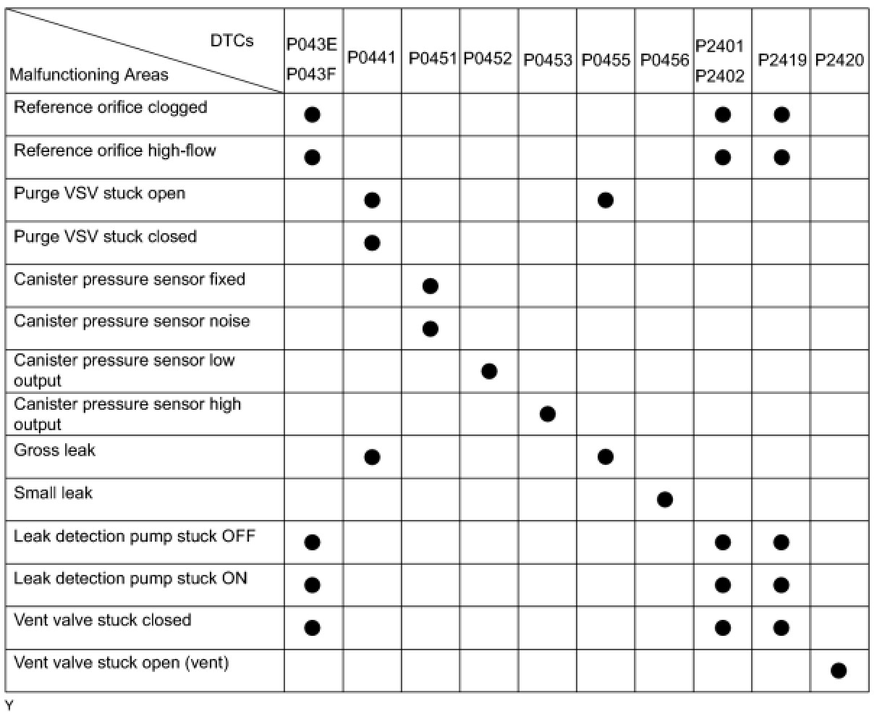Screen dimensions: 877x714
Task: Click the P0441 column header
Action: [x=372, y=58]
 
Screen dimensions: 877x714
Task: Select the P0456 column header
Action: [x=664, y=59]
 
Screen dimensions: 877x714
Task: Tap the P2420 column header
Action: [x=839, y=59]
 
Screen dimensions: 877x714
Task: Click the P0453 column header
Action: [x=548, y=59]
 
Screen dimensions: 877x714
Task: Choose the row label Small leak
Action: [x=54, y=493]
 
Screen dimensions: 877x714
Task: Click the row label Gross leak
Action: [x=55, y=450]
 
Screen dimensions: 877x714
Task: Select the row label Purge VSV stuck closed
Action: [x=106, y=237]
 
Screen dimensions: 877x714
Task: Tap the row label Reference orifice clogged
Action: [x=111, y=107]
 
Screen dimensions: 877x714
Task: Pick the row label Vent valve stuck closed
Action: [x=103, y=621]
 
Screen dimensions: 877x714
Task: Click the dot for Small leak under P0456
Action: [x=665, y=499]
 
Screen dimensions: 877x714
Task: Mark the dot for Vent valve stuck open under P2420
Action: [x=839, y=671]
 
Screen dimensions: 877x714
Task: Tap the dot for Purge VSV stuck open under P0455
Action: [x=606, y=200]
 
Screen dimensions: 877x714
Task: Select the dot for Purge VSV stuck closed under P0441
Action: [x=372, y=243]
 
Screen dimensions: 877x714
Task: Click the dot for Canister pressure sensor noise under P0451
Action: [x=430, y=329]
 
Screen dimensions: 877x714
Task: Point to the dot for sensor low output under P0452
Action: [x=489, y=371]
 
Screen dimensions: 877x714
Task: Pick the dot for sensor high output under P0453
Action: [x=548, y=414]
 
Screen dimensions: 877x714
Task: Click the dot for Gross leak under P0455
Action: [x=606, y=456]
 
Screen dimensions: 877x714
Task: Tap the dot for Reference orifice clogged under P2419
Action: [x=781, y=114]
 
